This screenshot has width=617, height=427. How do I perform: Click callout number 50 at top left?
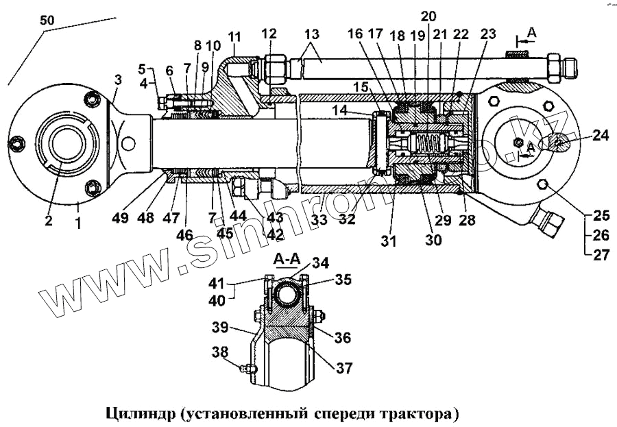(47, 21)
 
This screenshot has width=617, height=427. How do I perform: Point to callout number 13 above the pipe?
(311, 34)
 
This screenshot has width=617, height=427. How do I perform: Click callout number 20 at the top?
(428, 15)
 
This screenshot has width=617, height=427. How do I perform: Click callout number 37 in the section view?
(343, 368)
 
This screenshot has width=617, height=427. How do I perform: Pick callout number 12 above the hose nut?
(269, 33)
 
